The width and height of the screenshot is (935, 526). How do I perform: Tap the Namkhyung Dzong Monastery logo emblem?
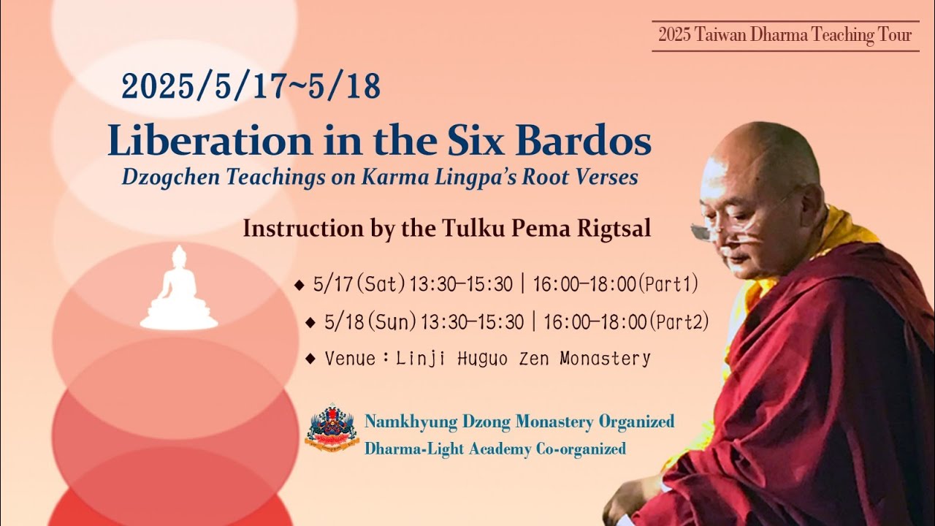(x=332, y=427)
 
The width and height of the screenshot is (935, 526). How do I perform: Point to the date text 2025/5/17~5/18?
(x=251, y=87)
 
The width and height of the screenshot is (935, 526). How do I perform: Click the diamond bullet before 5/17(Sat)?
(x=298, y=285)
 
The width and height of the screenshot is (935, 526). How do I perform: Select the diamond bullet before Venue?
(x=310, y=359)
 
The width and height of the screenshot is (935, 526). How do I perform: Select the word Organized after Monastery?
(x=636, y=422)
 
